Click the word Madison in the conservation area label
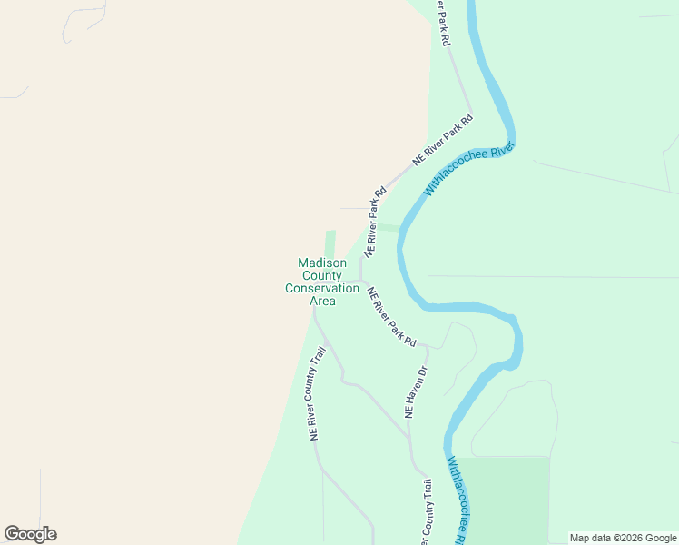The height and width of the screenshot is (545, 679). coord(322,263)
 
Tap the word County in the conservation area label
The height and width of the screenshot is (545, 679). coord(322,276)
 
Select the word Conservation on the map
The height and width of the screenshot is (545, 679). coord(322,289)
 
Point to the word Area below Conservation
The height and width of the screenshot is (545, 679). coord(322,302)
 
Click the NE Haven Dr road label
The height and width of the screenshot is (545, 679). coord(415,391)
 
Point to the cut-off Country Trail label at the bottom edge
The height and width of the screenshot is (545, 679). coord(426,513)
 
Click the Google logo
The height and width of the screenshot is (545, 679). coord(30,534)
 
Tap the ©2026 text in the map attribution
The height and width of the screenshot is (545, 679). coord(618,539)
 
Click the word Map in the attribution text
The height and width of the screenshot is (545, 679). coord(580,539)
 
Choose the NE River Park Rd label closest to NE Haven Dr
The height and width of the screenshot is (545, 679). coord(391,317)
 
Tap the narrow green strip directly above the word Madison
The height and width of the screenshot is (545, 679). coord(330,243)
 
